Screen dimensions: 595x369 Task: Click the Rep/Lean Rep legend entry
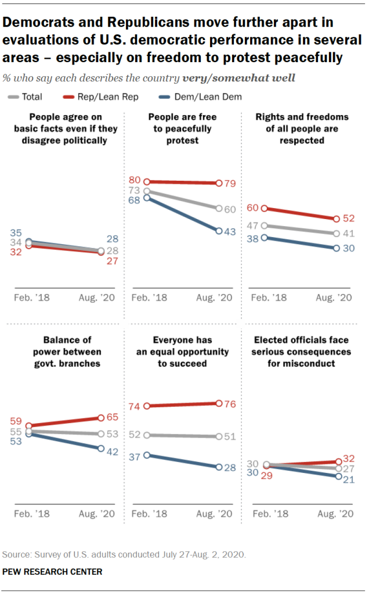pos(112,97)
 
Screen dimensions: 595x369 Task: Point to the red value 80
pos(135,181)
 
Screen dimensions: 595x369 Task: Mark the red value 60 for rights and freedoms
pos(252,207)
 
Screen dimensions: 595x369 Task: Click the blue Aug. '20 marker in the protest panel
pos(219,231)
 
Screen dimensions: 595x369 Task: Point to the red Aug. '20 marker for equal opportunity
pos(219,403)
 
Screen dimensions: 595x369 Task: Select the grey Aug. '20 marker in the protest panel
pos(219,208)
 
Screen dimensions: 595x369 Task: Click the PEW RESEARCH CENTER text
pos(52,572)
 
